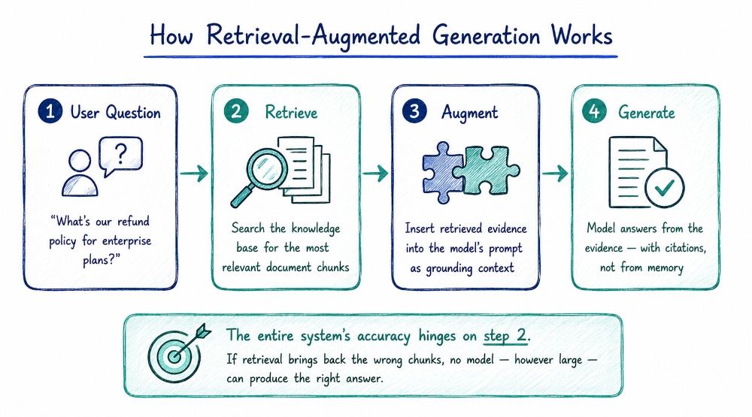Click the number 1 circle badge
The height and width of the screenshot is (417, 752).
(x=50, y=111)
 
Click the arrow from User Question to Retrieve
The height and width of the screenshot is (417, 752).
(x=194, y=173)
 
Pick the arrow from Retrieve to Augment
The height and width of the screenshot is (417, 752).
(x=375, y=173)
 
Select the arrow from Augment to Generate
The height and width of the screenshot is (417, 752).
(x=555, y=173)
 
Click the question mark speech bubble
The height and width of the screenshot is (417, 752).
(x=120, y=154)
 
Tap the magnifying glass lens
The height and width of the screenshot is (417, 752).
(x=267, y=168)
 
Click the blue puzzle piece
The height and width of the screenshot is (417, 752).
(x=441, y=173)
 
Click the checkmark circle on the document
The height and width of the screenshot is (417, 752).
(x=664, y=188)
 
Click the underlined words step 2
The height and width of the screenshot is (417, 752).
(x=505, y=336)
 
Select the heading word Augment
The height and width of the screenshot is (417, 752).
(x=469, y=113)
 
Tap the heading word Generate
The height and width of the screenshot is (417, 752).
(x=647, y=112)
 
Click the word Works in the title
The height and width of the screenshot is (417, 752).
(x=582, y=35)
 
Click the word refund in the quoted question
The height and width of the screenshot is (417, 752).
(x=133, y=221)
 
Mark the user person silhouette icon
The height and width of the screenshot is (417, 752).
(x=80, y=173)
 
